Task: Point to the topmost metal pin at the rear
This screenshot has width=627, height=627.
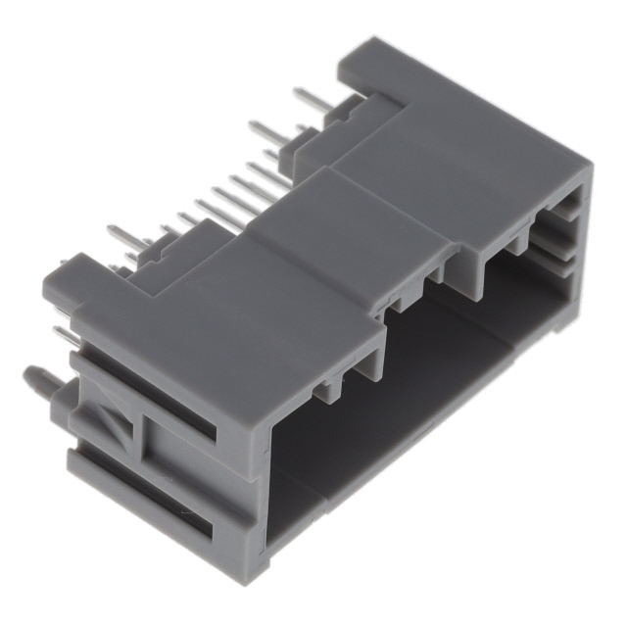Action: point(313,98)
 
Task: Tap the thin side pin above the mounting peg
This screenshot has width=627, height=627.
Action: point(63,336)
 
